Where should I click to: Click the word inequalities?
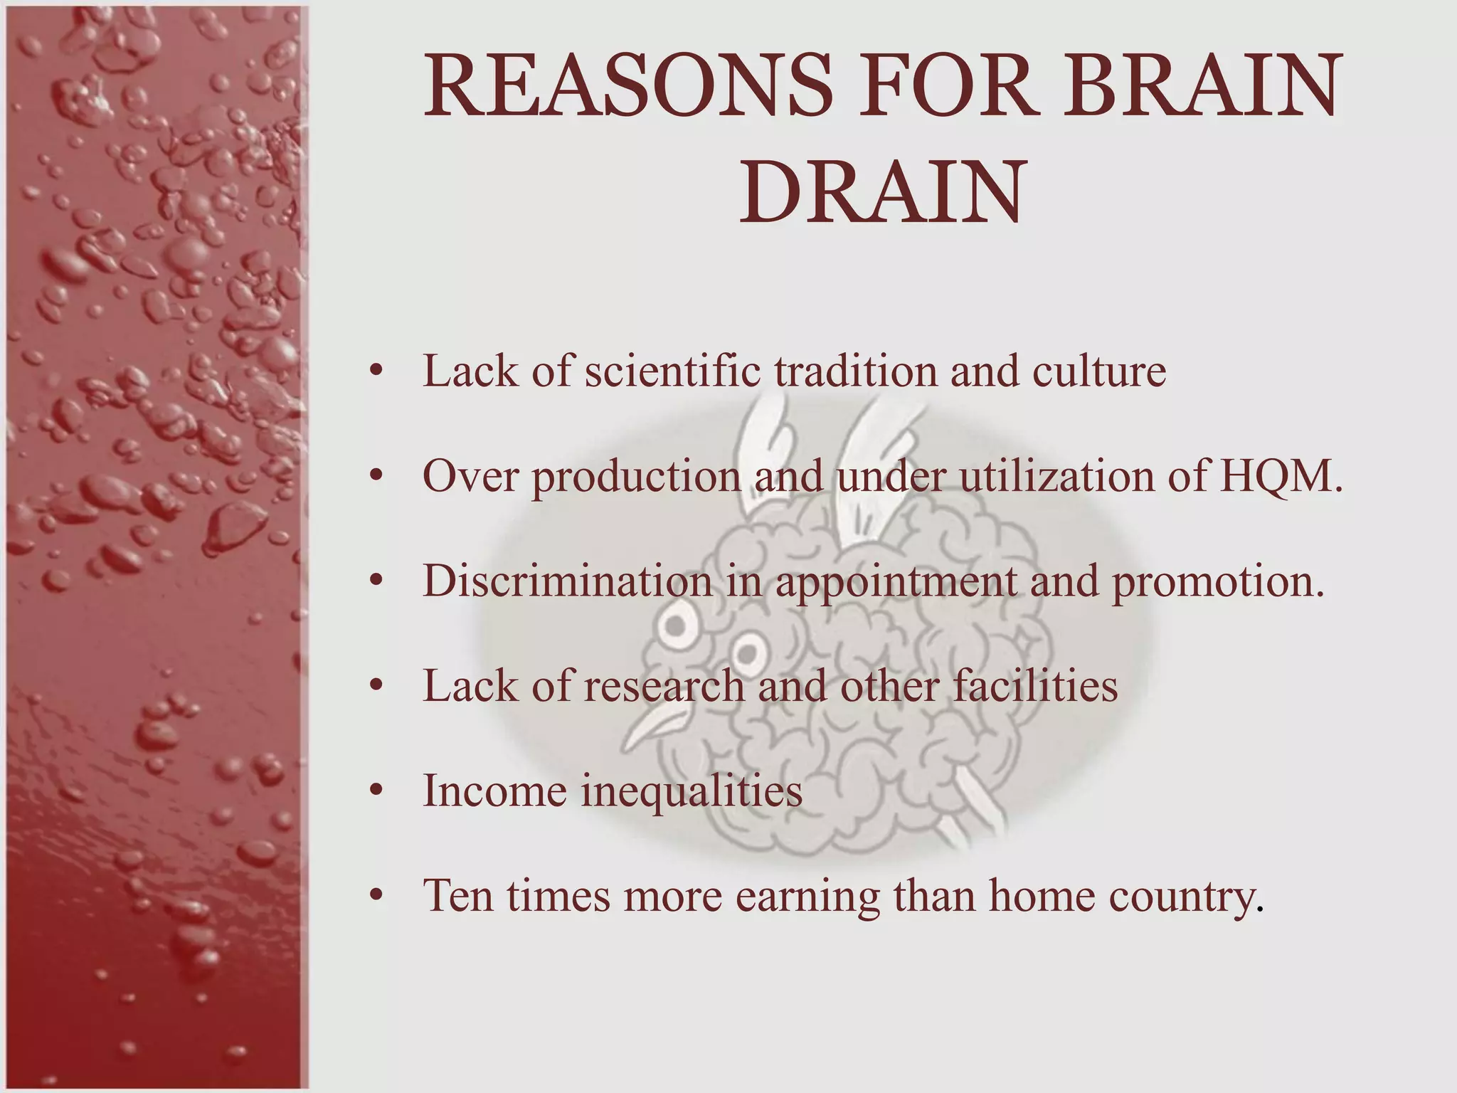tap(692, 791)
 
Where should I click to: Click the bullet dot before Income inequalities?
tap(377, 791)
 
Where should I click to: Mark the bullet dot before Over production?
tap(377, 477)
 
